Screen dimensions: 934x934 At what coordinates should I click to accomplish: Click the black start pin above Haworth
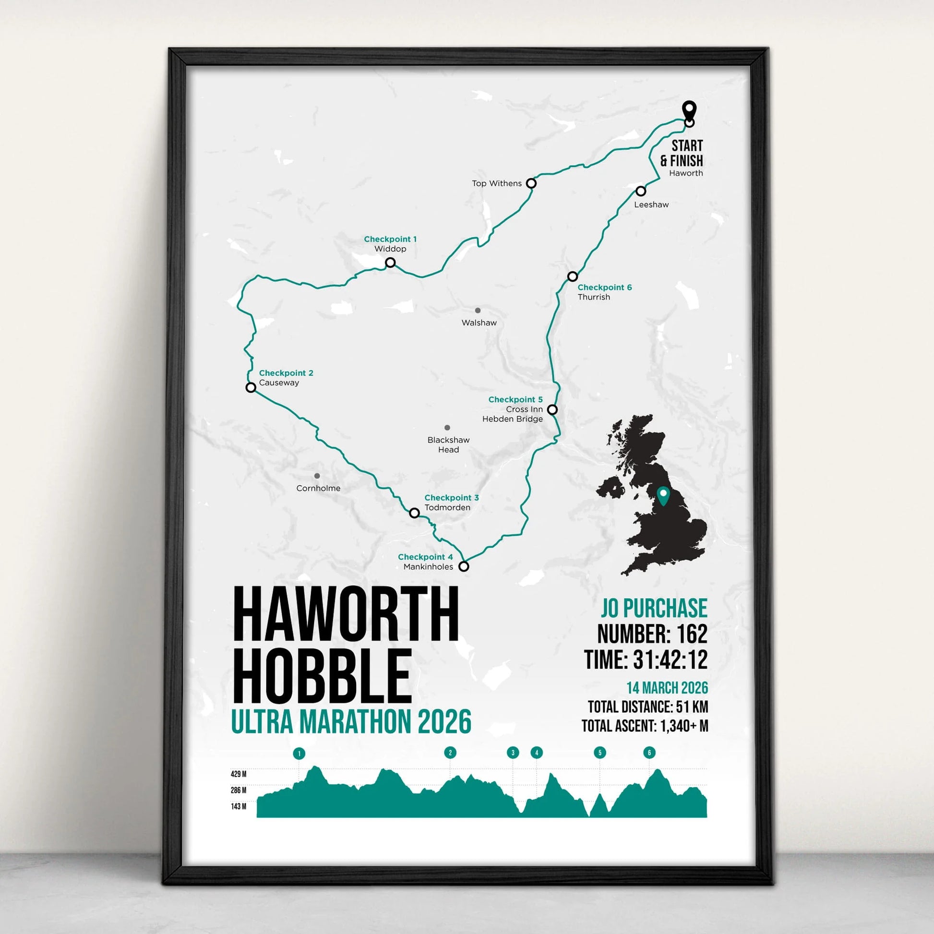pyautogui.click(x=689, y=109)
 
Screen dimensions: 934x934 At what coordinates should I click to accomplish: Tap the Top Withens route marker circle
pyautogui.click(x=531, y=183)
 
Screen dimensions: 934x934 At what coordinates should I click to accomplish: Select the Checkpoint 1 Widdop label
pyautogui.click(x=390, y=244)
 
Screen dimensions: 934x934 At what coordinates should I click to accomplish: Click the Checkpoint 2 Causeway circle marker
pyautogui.click(x=251, y=387)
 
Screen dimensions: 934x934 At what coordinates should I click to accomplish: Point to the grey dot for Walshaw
pyautogui.click(x=478, y=311)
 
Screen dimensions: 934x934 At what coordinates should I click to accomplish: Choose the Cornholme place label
pyautogui.click(x=318, y=488)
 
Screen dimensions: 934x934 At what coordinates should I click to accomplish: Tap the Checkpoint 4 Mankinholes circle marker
pyautogui.click(x=464, y=566)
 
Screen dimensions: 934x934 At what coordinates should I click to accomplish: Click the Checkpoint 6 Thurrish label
pyautogui.click(x=604, y=292)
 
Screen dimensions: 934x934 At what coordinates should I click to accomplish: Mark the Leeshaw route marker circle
pyautogui.click(x=641, y=191)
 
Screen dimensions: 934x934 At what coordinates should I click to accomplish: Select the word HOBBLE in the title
pyautogui.click(x=322, y=676)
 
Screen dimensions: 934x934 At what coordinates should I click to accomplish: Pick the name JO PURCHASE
pyautogui.click(x=654, y=608)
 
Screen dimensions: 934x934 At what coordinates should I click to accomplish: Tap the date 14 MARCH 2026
pyautogui.click(x=667, y=688)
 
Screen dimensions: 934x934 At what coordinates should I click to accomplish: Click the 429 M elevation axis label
pyautogui.click(x=239, y=775)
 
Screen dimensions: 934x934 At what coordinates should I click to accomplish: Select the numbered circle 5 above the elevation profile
pyautogui.click(x=599, y=753)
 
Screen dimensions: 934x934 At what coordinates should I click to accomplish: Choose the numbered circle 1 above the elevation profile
pyautogui.click(x=299, y=754)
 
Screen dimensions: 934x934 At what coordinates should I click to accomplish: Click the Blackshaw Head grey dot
pyautogui.click(x=447, y=428)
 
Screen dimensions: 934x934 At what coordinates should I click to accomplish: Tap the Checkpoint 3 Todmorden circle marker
pyautogui.click(x=414, y=513)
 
